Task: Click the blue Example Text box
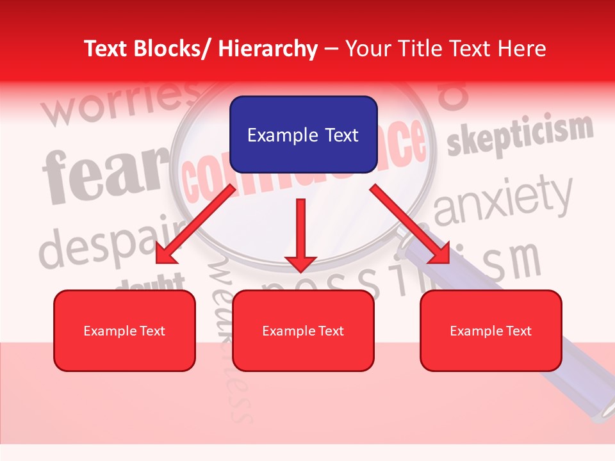(303, 134)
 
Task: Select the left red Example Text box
(124, 330)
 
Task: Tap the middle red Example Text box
(303, 330)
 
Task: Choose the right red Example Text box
(491, 330)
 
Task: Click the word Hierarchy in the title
(268, 49)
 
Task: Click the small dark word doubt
(154, 281)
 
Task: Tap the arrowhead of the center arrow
(300, 262)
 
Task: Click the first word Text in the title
(106, 49)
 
